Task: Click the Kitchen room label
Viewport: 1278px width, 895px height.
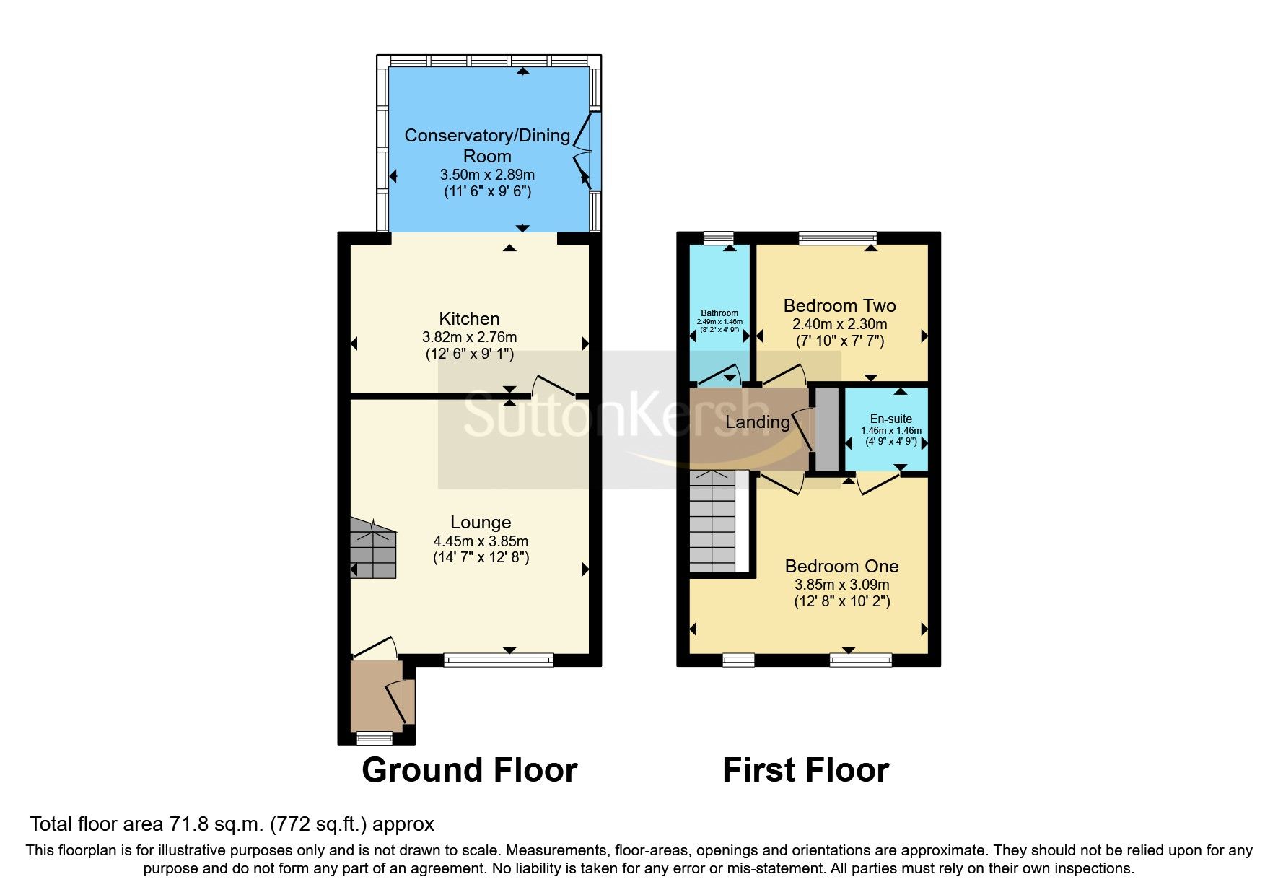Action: coord(469,318)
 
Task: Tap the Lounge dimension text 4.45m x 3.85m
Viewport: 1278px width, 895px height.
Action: coord(481,541)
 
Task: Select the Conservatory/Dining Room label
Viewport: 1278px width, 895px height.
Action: coord(487,145)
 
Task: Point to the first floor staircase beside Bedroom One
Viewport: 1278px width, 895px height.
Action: coord(713,520)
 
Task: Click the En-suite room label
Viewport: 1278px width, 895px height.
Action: coord(890,419)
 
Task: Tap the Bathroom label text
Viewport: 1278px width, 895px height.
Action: coord(719,313)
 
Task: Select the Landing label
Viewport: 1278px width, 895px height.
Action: coord(757,422)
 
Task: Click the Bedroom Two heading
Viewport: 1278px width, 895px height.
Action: coord(840,305)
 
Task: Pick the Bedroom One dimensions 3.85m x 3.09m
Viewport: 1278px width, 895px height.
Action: coord(841,585)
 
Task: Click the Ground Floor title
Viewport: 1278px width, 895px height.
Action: coord(469,770)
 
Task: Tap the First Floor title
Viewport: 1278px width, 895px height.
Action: coord(805,770)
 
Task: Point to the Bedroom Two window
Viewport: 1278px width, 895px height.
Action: coord(838,237)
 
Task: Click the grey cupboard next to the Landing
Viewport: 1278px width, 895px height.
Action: coord(826,430)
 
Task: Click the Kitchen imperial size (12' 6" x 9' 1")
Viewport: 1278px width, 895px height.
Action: coord(469,354)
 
